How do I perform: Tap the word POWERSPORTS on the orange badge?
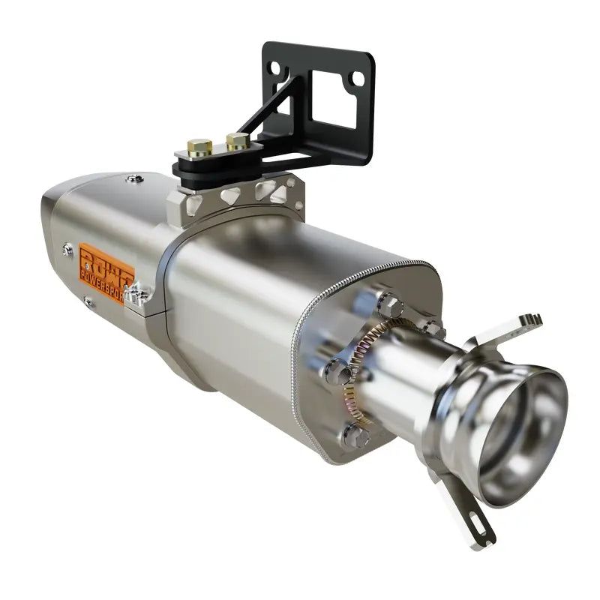[107, 278]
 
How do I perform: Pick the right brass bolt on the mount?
[237, 140]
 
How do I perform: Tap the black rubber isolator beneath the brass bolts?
[214, 166]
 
